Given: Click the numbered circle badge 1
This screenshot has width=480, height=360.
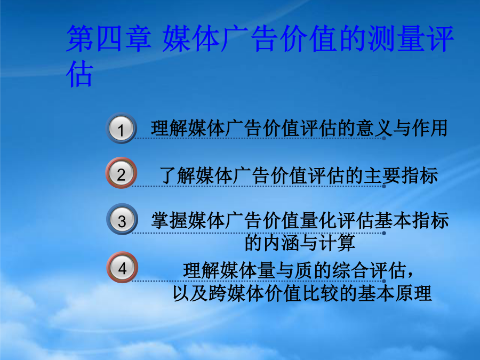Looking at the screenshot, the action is point(121,128).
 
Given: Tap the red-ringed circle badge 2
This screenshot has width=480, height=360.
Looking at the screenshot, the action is point(121,173).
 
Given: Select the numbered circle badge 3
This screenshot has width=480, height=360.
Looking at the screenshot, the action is point(122,220).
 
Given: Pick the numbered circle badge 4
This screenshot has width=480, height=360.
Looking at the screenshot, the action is point(122,267).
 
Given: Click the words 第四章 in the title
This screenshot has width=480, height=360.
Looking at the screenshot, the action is point(109,38).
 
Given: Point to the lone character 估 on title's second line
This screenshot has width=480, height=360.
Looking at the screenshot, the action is point(79,74).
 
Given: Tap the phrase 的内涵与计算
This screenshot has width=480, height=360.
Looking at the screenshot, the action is point(300,243).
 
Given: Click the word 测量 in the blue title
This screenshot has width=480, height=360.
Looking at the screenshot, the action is point(382,38).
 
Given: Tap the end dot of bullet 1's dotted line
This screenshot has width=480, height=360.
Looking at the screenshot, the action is point(384,138).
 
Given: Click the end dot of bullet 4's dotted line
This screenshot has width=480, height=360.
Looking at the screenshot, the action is point(384,281).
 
